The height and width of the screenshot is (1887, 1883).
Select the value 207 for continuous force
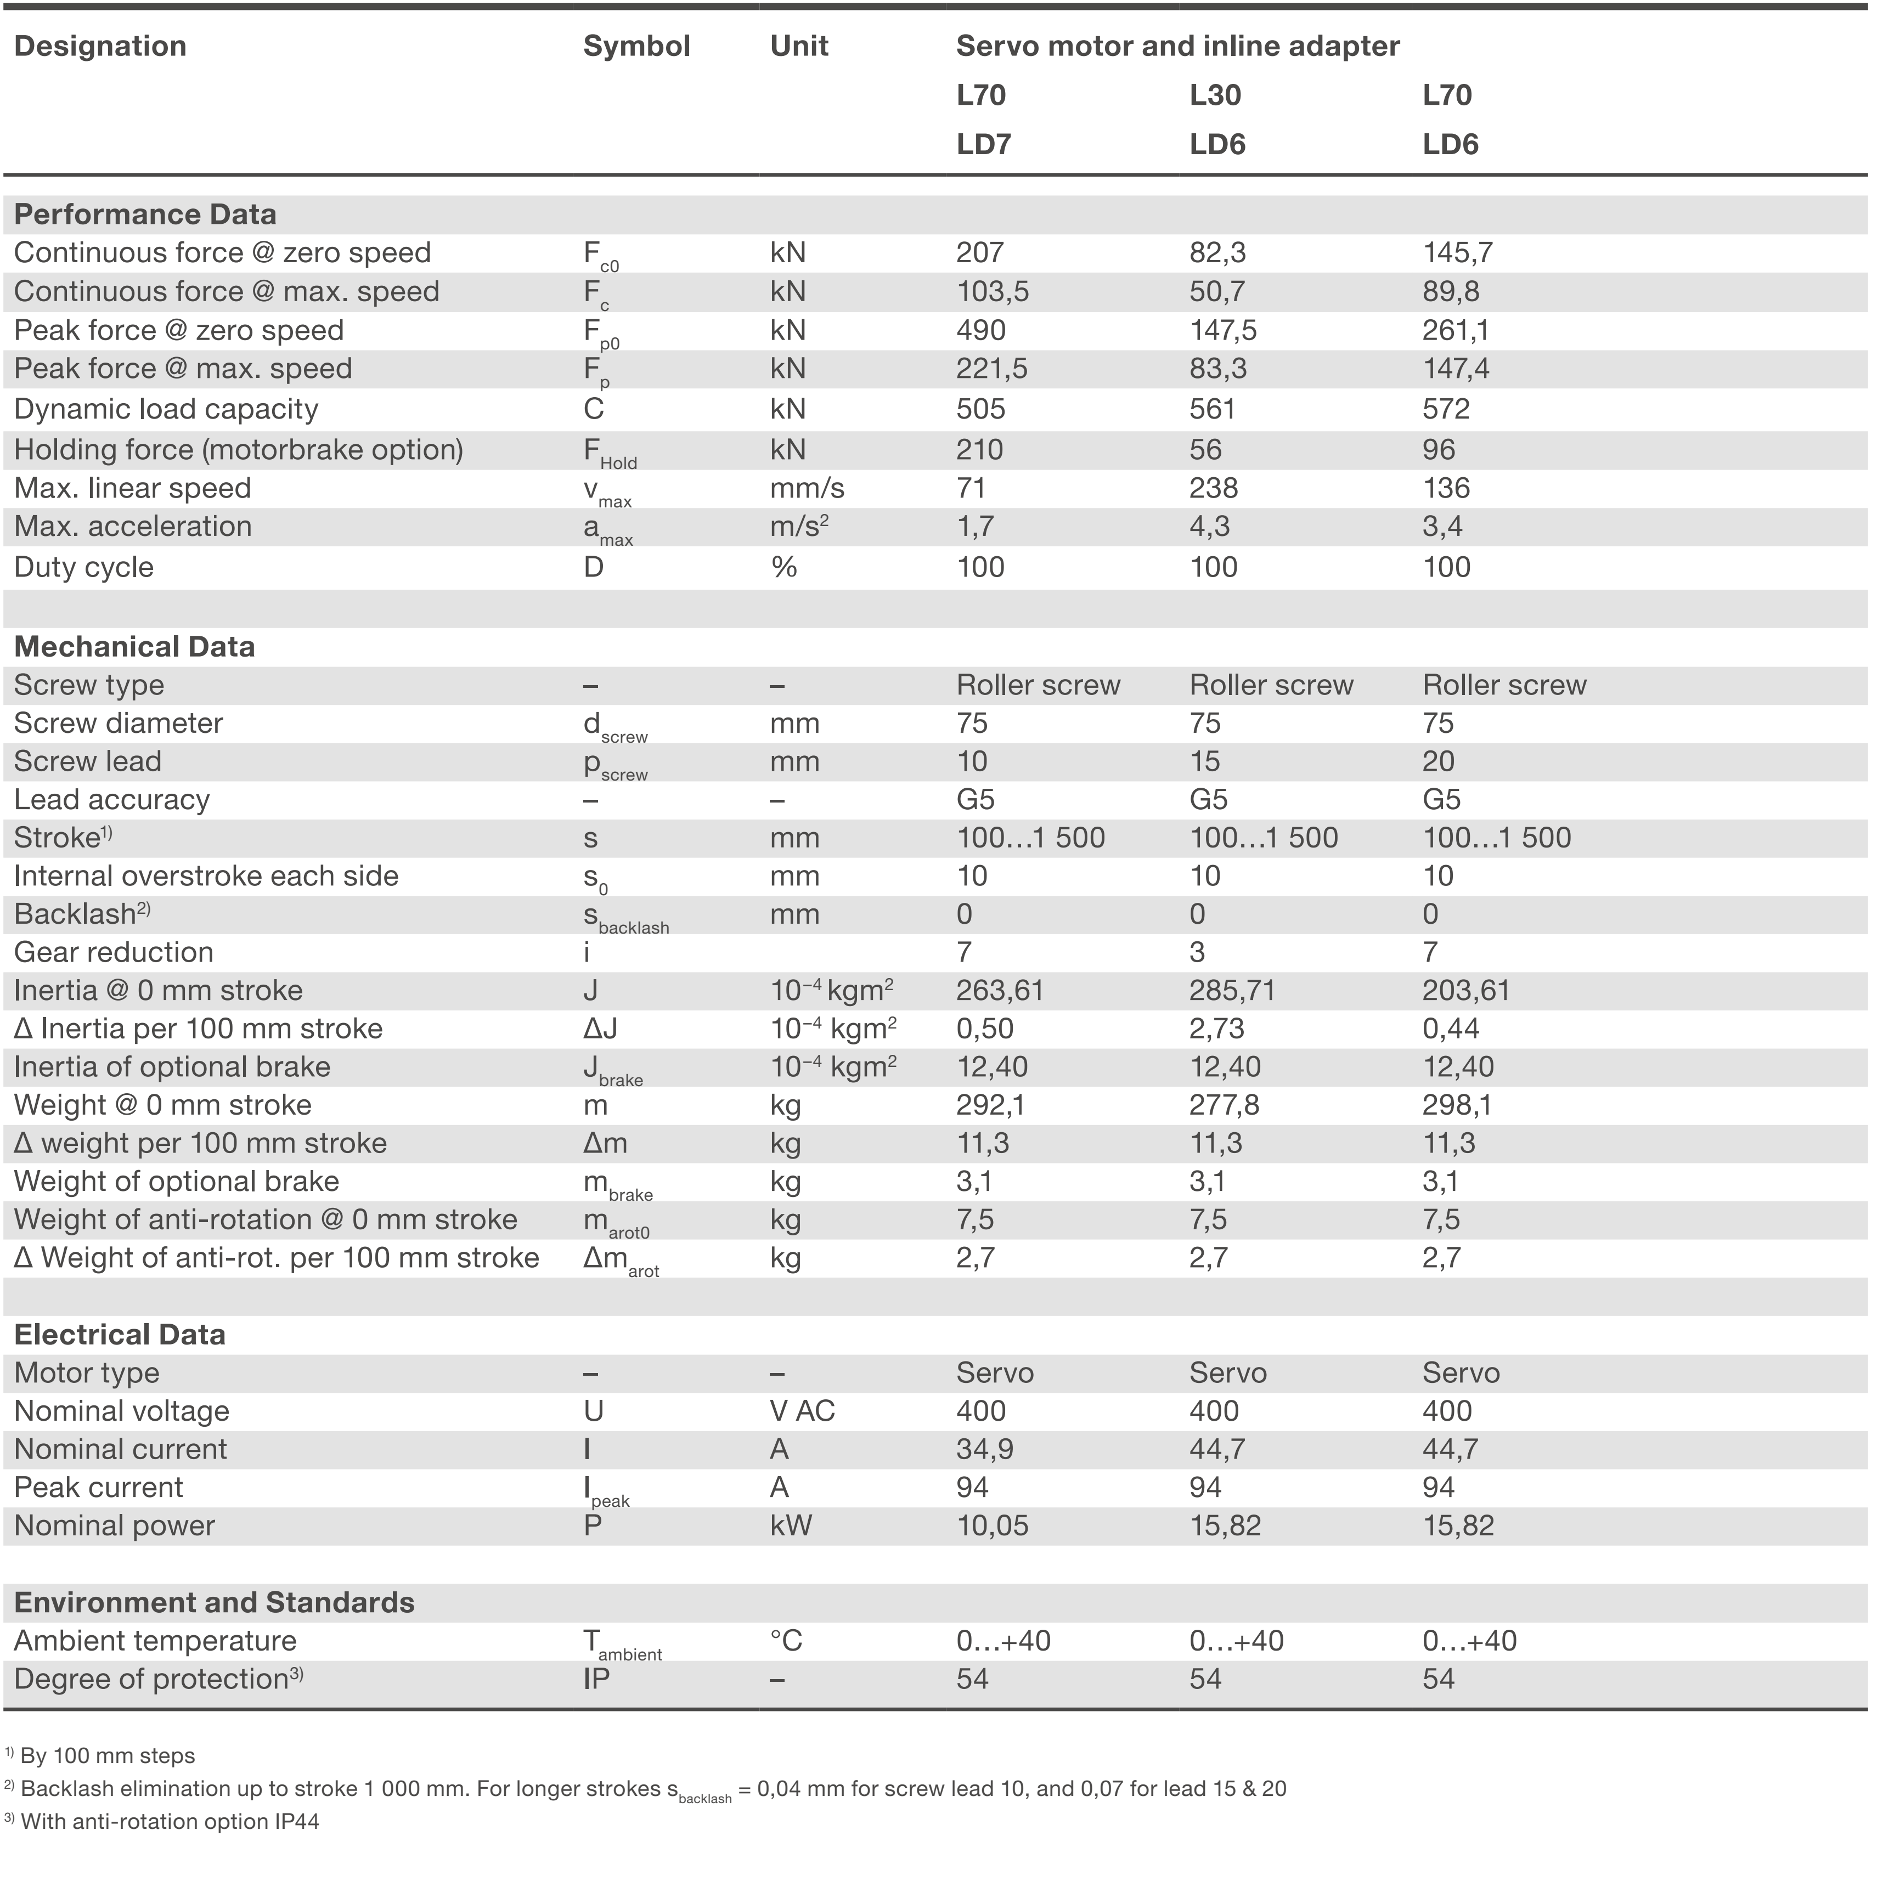979,253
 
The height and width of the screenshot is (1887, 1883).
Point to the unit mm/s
807,488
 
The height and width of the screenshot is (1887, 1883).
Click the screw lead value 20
1437,762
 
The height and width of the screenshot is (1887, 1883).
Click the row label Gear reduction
113,952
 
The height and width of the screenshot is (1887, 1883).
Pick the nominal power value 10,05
991,1526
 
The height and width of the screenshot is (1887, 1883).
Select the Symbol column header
636,46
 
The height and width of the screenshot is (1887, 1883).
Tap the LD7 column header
983,145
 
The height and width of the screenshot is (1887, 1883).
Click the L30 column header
1214,95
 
